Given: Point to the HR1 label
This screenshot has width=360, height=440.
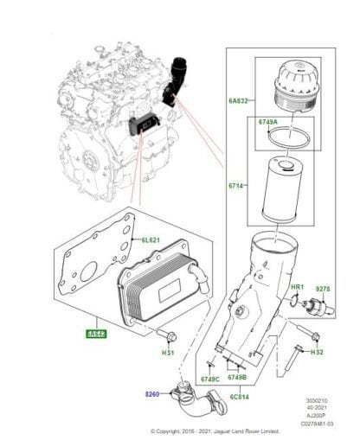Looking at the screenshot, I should (296, 286).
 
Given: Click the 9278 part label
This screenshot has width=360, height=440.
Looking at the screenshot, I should (323, 287).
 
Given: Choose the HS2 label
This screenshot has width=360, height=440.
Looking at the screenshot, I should (317, 352).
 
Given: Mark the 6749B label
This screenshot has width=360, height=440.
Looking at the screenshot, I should (237, 377).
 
